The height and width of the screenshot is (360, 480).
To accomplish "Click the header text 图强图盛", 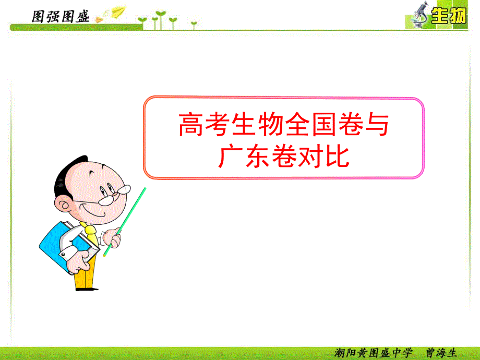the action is point(61,17).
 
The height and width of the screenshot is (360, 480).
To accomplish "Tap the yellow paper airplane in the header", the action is point(119,11).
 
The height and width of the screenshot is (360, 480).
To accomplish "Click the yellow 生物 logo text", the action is point(449,16).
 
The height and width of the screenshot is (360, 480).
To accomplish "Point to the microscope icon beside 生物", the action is point(420,15).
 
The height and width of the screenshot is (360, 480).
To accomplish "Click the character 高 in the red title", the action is point(191,124).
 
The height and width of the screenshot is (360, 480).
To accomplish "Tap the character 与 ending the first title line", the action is point(377,124).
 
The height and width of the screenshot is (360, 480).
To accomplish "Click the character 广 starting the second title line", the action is point(231,157).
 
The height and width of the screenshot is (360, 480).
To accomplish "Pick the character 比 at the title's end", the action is point(338,157).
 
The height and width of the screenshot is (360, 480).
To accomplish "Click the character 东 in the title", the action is point(257,157).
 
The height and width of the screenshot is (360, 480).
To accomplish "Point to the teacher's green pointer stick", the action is point(125,222).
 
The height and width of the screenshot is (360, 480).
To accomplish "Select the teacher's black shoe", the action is point(87,289).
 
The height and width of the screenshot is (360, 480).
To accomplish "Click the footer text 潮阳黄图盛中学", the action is point(373,353).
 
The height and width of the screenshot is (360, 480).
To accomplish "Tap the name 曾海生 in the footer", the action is point(441,353).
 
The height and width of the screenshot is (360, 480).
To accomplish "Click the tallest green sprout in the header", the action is point(160,20).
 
